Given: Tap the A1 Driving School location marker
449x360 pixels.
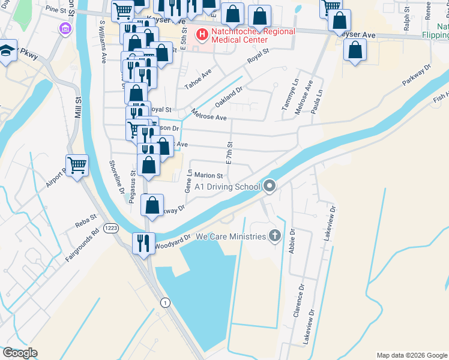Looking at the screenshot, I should click(x=270, y=187).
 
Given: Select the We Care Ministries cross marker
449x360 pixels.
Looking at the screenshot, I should click(x=276, y=235).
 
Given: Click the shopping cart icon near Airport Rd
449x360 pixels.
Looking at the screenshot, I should click(x=77, y=164).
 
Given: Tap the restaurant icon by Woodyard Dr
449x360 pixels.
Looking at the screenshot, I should click(x=143, y=243).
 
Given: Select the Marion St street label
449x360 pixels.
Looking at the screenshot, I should click(x=208, y=176).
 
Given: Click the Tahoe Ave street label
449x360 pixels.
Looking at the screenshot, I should click(x=198, y=79).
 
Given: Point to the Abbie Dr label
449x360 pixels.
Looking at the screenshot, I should click(x=292, y=241).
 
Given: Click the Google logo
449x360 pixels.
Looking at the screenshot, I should click(x=20, y=353).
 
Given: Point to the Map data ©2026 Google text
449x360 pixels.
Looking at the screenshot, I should click(x=411, y=355).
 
